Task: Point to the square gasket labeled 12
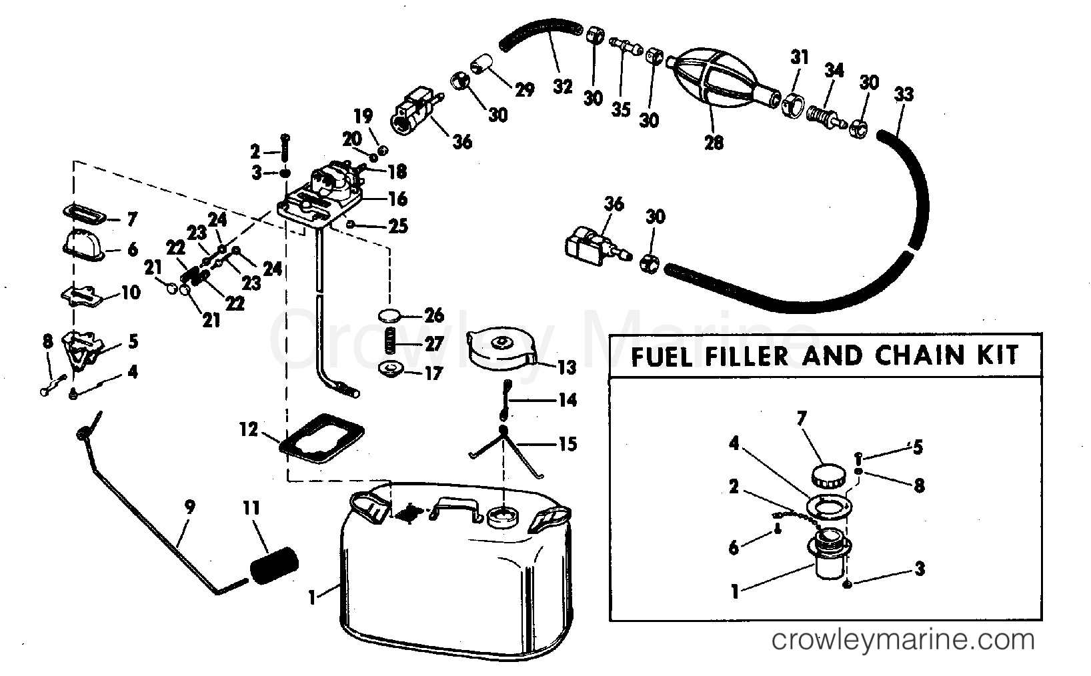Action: pyautogui.click(x=321, y=437)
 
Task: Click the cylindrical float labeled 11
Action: pyautogui.click(x=272, y=565)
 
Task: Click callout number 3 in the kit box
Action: pyautogui.click(x=919, y=569)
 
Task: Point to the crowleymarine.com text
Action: pyautogui.click(x=903, y=641)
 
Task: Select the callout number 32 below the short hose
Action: pyautogui.click(x=562, y=86)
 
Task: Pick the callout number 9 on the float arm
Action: pyautogui.click(x=190, y=507)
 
